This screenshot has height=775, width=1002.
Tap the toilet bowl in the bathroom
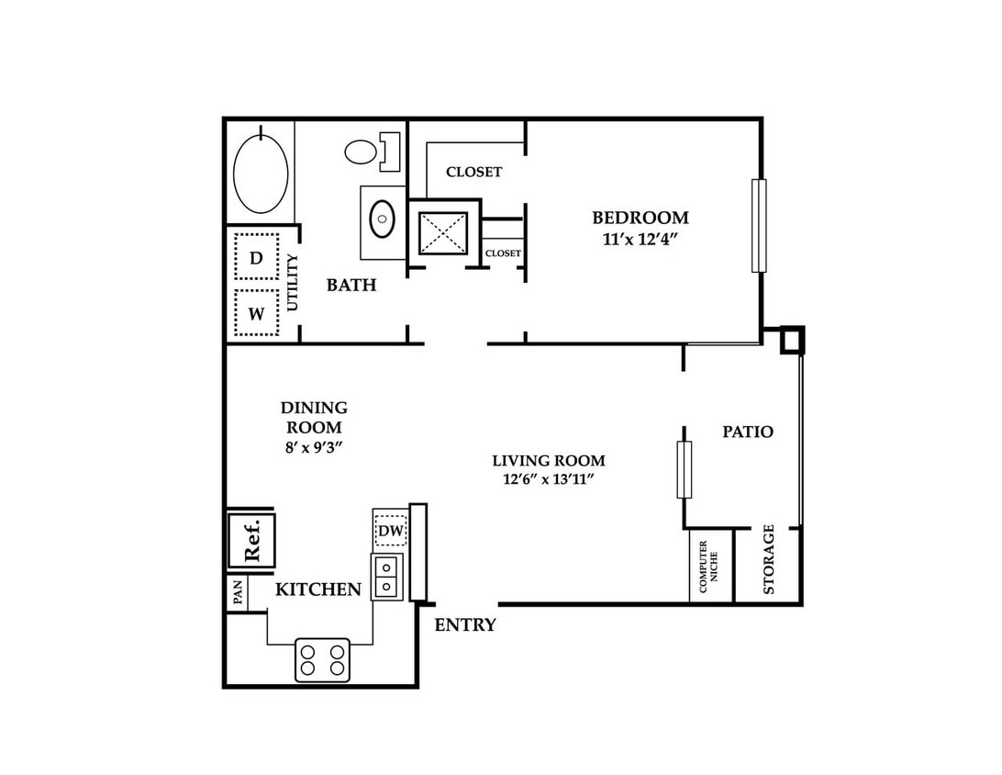(361, 152)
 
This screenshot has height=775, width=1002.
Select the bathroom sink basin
(382, 219)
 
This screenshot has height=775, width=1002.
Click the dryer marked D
(256, 257)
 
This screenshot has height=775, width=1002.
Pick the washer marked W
(256, 313)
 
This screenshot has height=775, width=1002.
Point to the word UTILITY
(293, 282)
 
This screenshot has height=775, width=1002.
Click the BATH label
(351, 286)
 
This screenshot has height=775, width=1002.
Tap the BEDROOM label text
(640, 218)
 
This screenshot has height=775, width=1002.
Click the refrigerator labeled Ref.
(251, 539)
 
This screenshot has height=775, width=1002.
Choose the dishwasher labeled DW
(391, 531)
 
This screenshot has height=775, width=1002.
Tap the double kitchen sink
(387, 577)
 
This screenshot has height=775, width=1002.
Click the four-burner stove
(323, 660)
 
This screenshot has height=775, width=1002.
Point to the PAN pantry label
(238, 593)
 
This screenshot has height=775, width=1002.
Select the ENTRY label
(465, 624)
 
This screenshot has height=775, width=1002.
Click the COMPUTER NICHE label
(708, 567)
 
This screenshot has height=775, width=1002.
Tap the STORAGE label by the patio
(769, 559)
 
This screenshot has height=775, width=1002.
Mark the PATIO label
(748, 432)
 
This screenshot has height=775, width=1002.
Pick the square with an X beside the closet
(443, 233)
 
